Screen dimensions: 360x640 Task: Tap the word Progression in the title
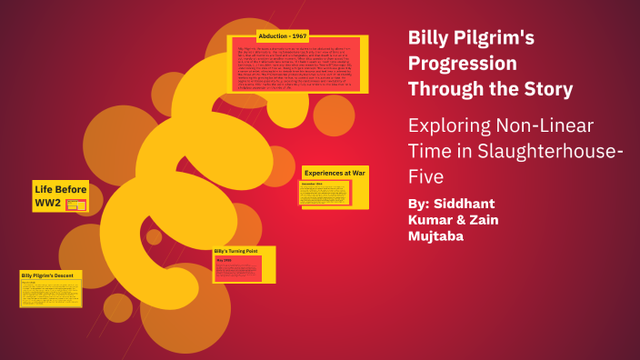point(463,64)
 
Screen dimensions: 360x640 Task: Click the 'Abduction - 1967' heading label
point(283,36)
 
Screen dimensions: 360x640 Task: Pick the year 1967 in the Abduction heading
point(298,36)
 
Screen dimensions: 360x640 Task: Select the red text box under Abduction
point(296,65)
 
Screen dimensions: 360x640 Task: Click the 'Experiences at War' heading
point(335,172)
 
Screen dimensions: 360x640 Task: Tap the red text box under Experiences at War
point(325,193)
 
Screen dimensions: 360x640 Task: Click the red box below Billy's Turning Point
point(237,267)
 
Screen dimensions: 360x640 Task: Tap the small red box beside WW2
point(76,205)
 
